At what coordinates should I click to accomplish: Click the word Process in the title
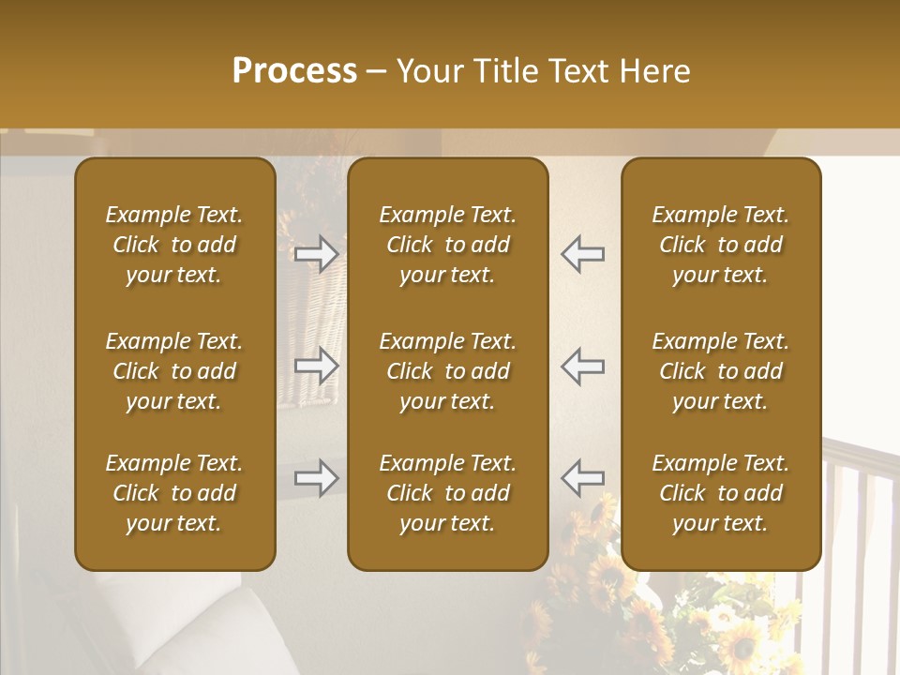(x=294, y=71)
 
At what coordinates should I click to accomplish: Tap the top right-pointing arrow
(x=317, y=254)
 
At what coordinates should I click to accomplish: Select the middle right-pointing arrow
(x=317, y=366)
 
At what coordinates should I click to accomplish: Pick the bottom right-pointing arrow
(x=317, y=478)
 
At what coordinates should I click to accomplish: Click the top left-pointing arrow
(x=582, y=254)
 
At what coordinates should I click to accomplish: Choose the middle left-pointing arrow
(x=582, y=366)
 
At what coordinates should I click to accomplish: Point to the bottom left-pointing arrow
(x=582, y=478)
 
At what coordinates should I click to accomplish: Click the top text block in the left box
(x=174, y=245)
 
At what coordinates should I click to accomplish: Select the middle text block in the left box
(x=174, y=371)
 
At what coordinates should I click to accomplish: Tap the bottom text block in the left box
(x=174, y=493)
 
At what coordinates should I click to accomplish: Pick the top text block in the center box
(x=447, y=245)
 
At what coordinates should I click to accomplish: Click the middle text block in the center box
(x=447, y=371)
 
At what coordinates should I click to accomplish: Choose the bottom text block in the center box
(x=447, y=493)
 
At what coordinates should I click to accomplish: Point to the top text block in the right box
(x=720, y=245)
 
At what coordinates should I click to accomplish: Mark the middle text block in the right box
(x=720, y=371)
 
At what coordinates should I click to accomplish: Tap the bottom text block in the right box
(x=720, y=493)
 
